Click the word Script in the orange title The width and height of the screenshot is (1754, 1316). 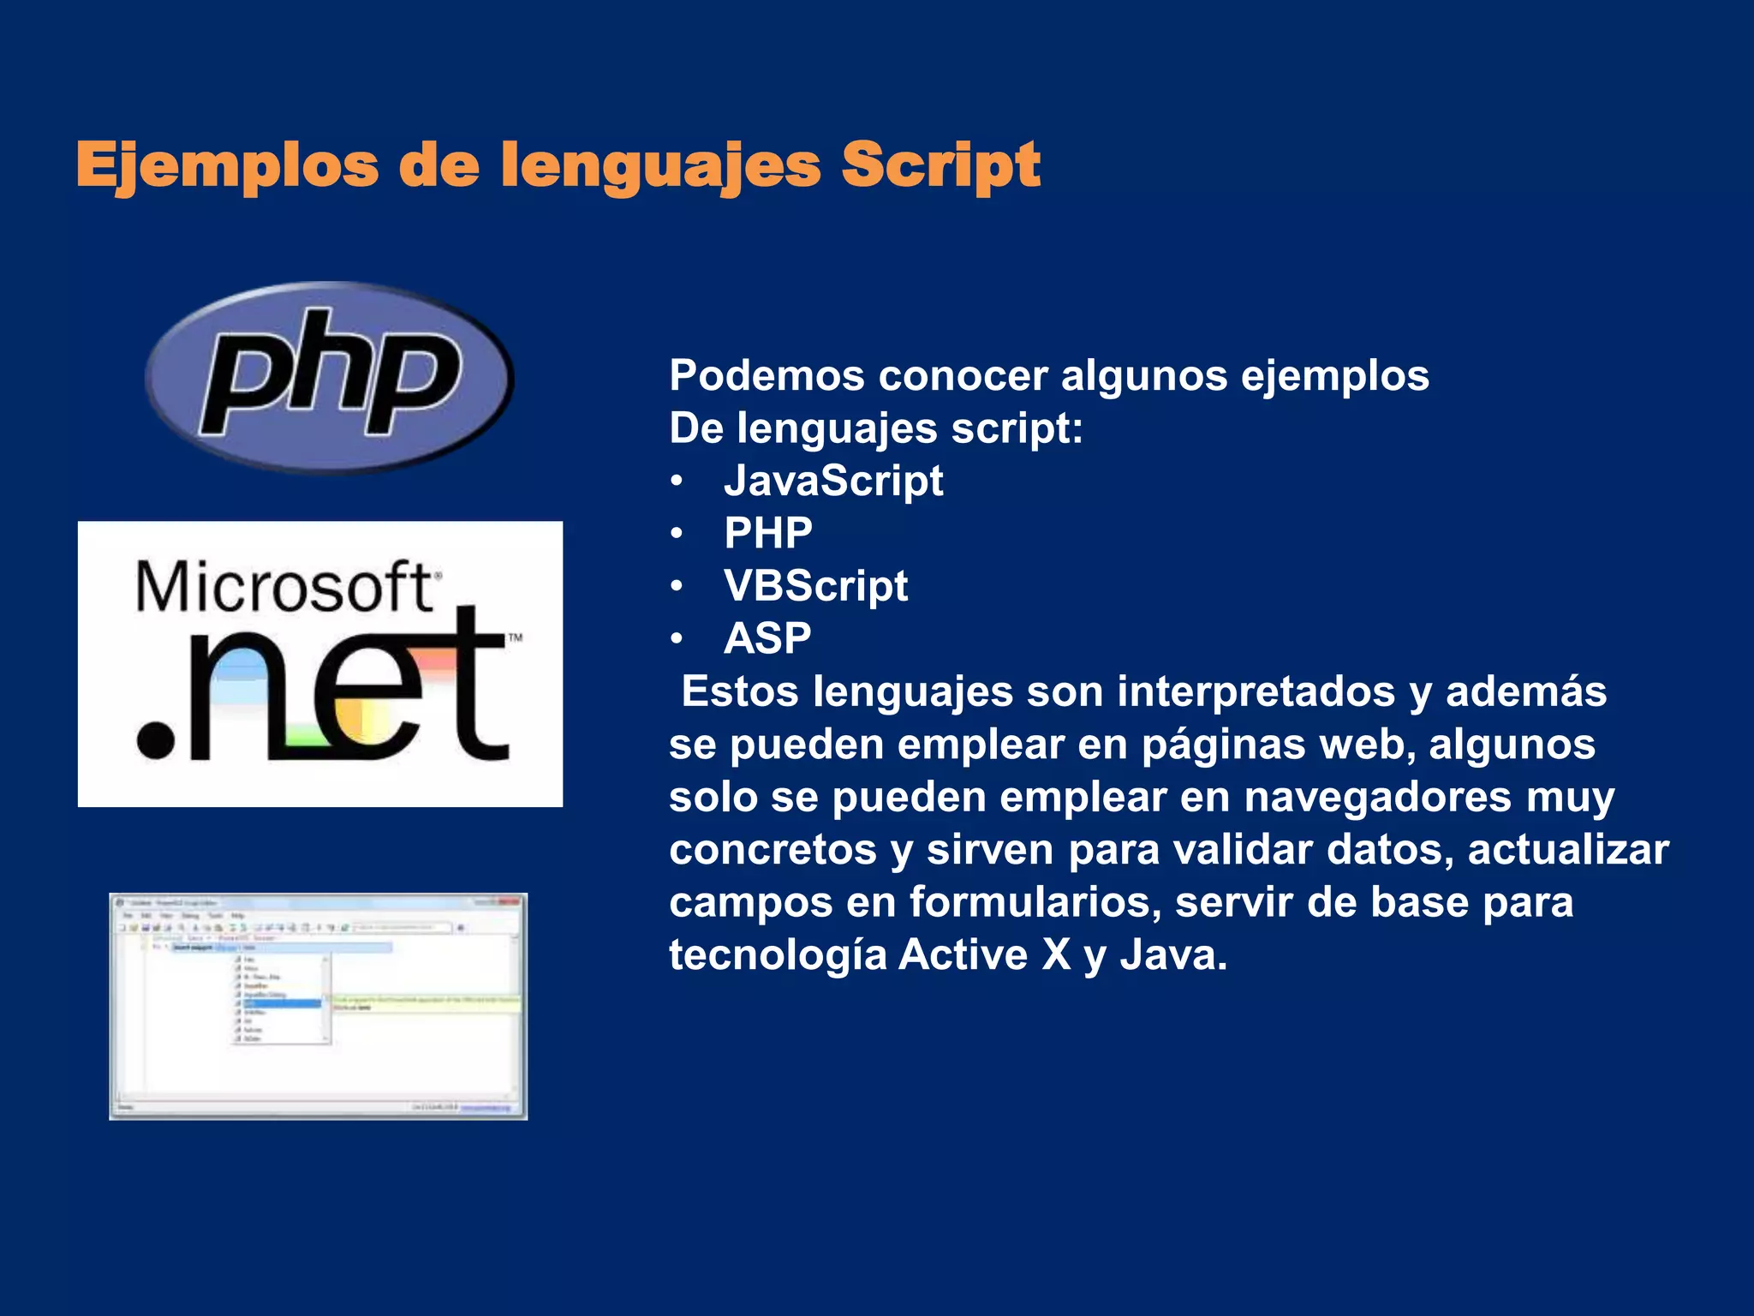coord(940,165)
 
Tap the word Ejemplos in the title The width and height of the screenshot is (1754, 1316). coord(227,165)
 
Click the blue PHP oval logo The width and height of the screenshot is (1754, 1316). coord(330,377)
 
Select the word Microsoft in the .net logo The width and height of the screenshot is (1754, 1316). coord(284,589)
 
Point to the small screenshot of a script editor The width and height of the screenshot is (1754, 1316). coord(318,1006)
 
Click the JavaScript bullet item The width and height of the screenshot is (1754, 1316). coord(833,481)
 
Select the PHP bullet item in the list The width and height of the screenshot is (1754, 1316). coord(768,534)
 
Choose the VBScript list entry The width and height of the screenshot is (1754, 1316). coord(815,586)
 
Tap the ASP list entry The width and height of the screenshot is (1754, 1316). coord(767,639)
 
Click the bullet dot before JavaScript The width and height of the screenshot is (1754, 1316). coord(677,482)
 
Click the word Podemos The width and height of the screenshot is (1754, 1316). coord(767,375)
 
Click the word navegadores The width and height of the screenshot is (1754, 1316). coord(1377,798)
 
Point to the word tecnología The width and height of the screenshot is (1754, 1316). coord(778,955)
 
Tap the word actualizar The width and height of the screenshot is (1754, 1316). coord(1567,850)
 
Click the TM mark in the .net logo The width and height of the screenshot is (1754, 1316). coord(515,637)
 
